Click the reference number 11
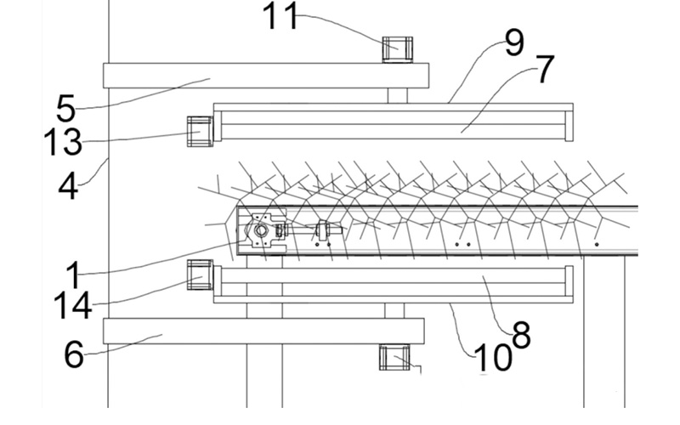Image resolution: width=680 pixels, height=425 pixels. pos(280,16)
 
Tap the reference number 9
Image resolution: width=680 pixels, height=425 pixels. pos(515,42)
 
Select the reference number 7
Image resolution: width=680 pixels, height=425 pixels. pos(546,70)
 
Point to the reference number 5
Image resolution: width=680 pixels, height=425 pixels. pos(66,109)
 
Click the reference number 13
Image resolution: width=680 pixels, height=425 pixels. pos(63,142)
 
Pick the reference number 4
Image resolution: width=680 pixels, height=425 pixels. pos(68,187)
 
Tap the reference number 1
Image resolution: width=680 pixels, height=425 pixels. pos(74,275)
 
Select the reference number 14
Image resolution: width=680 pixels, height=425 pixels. pos(73,305)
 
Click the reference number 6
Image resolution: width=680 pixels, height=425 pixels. pos(74,354)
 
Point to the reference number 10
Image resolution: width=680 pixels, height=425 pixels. pos(493,359)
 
